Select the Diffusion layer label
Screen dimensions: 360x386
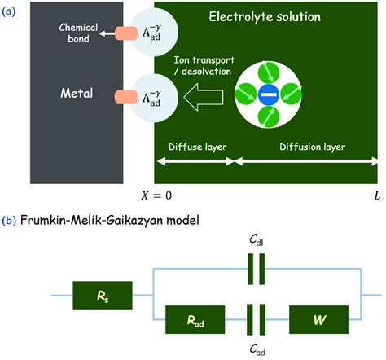coord(308,148)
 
